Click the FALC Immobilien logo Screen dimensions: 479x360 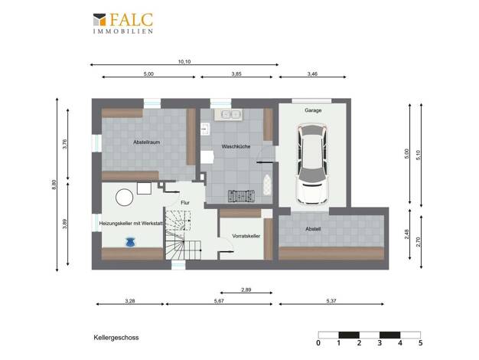[122, 23]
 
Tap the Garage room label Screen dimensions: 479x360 [313, 110]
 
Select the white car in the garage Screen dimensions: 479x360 [312, 164]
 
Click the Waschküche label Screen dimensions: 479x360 [236, 146]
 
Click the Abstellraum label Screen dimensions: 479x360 [147, 142]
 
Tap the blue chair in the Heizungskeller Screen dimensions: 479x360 [130, 242]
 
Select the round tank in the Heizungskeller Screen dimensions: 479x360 [124, 198]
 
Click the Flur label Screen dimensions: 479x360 [185, 202]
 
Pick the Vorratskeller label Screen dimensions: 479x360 [246, 236]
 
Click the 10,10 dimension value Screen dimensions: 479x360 [184, 61]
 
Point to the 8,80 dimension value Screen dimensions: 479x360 [54, 185]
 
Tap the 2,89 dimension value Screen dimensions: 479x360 [246, 290]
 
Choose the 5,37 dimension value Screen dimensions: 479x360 [331, 301]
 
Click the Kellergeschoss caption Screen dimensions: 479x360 [116, 338]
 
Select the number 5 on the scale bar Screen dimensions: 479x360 [420, 343]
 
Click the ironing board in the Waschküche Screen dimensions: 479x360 [267, 185]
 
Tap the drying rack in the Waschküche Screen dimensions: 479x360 [241, 196]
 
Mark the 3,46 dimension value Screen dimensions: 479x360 [312, 74]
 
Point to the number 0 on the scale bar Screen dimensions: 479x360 [318, 343]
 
